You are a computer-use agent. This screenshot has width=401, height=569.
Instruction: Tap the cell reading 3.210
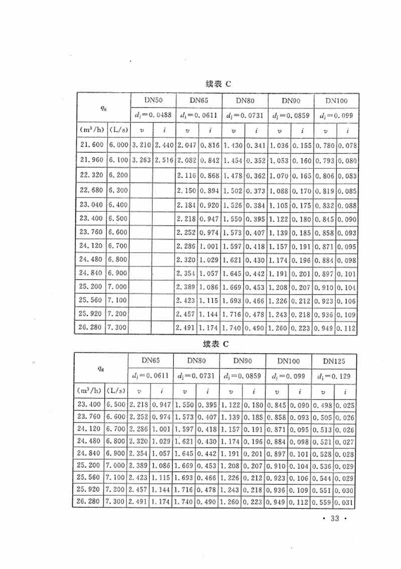(x=141, y=145)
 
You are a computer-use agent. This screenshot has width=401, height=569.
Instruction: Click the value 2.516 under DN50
(x=163, y=160)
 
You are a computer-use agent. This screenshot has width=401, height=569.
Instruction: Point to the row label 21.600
(x=91, y=145)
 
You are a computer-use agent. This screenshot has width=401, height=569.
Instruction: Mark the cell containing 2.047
(x=187, y=145)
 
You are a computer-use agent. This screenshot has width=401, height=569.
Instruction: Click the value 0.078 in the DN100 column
(x=347, y=145)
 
